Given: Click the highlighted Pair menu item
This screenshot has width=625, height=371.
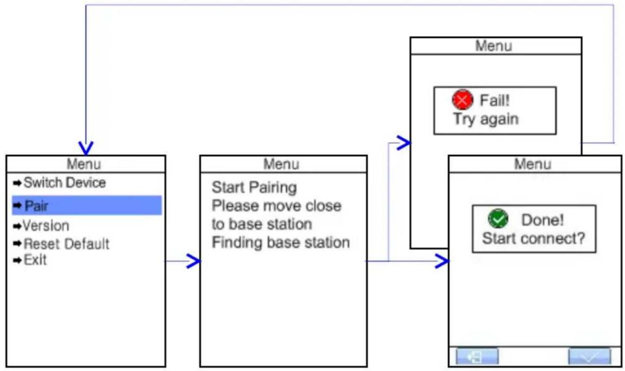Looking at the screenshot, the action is (x=87, y=206).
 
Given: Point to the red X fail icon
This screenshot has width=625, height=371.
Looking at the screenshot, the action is (x=462, y=100).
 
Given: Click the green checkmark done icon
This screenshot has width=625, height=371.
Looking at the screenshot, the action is (x=498, y=219).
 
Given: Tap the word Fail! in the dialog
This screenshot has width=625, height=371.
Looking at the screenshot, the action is (x=495, y=100).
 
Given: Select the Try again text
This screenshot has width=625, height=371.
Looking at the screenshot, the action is (x=486, y=119).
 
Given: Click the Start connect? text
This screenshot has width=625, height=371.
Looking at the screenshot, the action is (x=533, y=238).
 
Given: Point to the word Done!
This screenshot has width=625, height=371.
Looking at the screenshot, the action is (x=543, y=220).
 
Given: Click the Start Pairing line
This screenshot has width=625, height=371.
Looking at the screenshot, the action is (x=254, y=187).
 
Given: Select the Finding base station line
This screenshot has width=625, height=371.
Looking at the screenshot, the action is (x=281, y=242).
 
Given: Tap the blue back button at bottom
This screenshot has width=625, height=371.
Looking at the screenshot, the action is (x=477, y=356).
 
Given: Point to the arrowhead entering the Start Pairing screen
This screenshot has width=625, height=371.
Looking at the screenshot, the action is (x=193, y=261).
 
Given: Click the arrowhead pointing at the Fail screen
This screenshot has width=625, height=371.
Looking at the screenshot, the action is (x=404, y=143).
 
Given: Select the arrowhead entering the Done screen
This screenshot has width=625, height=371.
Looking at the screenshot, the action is (x=442, y=261).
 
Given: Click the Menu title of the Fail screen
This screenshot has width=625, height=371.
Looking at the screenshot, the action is (x=494, y=46).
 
